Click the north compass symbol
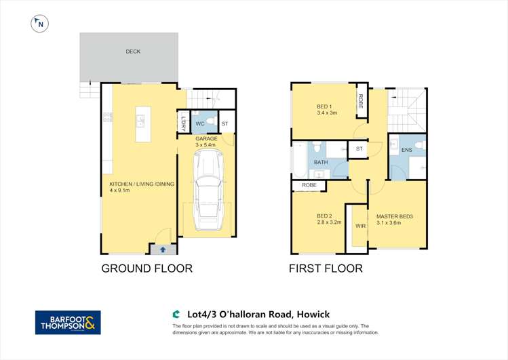41,24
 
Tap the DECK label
133,52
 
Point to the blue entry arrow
161,250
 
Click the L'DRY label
183,124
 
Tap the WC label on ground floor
200,124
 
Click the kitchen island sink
140,121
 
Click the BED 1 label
324,110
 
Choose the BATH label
321,163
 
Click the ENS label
406,150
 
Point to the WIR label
359,226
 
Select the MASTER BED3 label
396,219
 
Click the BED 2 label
325,219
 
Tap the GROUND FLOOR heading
146,268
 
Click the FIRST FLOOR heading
326,268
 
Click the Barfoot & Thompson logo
68,323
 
